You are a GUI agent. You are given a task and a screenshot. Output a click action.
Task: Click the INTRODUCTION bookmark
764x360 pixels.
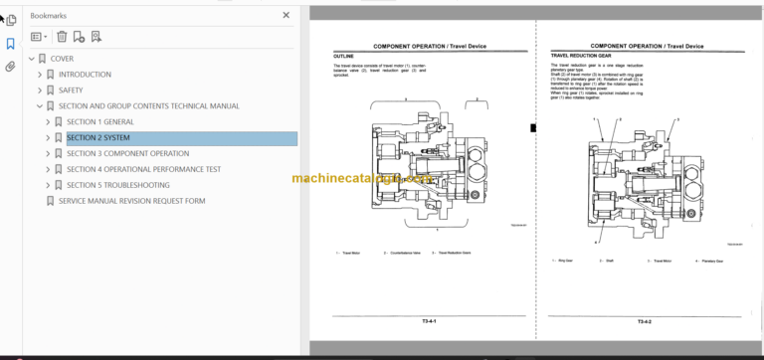[85, 75]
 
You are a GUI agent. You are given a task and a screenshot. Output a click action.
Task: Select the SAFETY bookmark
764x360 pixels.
[71, 90]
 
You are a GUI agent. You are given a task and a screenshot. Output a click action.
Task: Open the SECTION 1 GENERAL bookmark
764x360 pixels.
[99, 122]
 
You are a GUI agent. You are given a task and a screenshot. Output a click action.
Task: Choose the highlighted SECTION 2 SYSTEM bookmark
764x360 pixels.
[98, 138]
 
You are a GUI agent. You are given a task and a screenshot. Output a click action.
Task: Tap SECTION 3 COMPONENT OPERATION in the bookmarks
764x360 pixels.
[127, 154]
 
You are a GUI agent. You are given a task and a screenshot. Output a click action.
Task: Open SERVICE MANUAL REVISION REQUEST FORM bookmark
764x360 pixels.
[131, 201]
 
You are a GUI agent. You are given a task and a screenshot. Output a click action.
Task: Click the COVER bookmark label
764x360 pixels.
[62, 59]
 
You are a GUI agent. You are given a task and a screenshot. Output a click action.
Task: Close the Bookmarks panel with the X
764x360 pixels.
[286, 16]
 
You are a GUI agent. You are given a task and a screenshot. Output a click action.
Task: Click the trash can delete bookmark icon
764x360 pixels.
[62, 37]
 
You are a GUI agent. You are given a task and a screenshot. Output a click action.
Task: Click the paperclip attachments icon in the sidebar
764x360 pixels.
[10, 68]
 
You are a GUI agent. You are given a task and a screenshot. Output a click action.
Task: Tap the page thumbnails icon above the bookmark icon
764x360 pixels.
[10, 19]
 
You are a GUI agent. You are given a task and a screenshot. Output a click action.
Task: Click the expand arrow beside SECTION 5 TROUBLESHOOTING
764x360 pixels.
[47, 185]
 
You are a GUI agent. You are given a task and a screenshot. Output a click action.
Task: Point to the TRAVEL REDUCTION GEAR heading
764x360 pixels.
[586, 57]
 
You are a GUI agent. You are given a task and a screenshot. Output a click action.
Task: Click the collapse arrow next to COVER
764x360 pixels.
[32, 59]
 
